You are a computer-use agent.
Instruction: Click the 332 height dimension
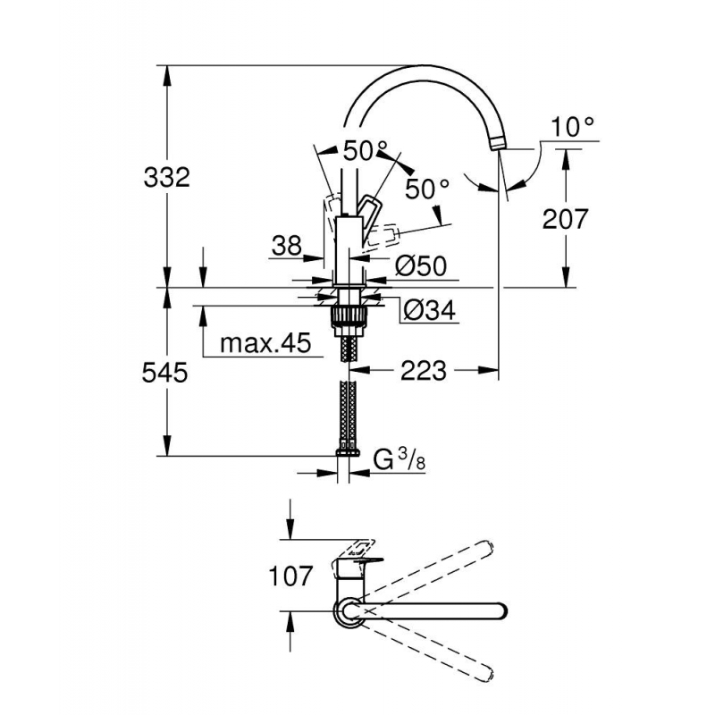point(166,177)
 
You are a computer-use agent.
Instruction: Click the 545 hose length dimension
point(164,372)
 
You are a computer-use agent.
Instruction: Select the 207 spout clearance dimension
point(565,219)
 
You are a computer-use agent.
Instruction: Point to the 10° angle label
point(573,127)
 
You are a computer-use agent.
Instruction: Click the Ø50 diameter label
point(420,265)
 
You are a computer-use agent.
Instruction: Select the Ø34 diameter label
point(429,311)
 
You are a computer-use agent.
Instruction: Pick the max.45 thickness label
point(265,343)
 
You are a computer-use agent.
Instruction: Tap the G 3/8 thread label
point(400,459)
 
